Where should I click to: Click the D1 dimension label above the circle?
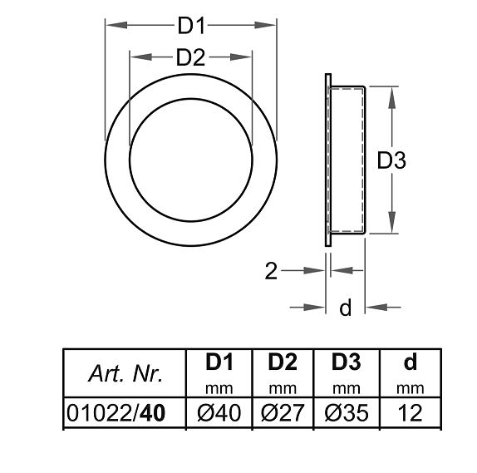(191, 26)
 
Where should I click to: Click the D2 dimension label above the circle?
(191, 57)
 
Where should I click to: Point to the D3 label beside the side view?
(391, 160)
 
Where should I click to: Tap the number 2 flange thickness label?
(270, 272)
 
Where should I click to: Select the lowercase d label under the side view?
(346, 308)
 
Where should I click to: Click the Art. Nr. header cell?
(125, 375)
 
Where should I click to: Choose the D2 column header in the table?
(283, 363)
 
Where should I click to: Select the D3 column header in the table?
(346, 363)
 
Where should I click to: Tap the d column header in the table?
(410, 363)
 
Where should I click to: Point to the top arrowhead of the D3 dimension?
(391, 92)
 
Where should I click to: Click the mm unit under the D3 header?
(346, 387)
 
